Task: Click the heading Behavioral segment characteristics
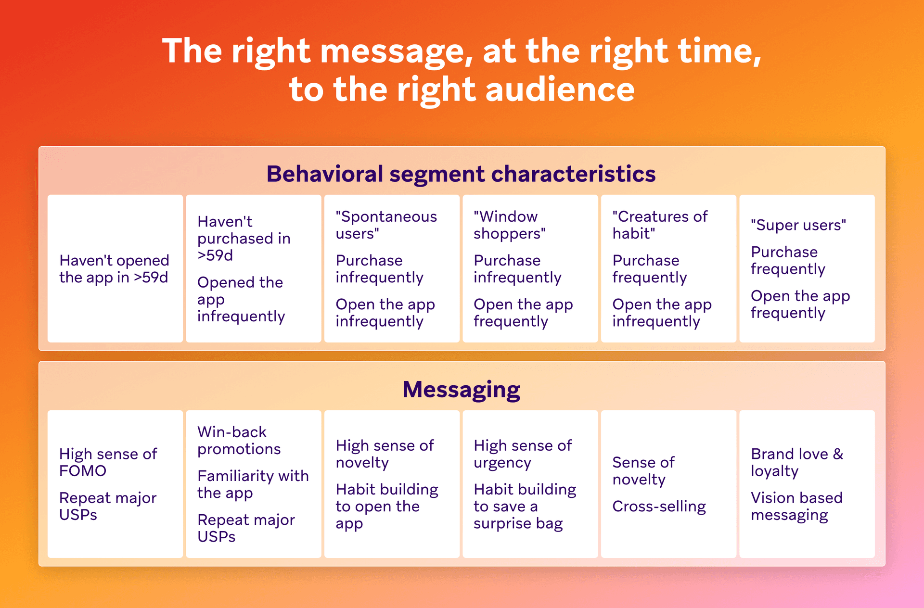coord(461,174)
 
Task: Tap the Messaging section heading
coord(461,389)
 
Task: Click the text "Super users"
coord(798,225)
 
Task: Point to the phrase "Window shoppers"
coord(509,225)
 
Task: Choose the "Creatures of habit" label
coord(659,225)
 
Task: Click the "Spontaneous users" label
coord(386,225)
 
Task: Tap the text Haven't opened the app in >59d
coord(114,269)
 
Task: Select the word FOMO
coord(83,471)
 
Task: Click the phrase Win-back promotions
coord(239,441)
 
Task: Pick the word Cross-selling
coord(659,507)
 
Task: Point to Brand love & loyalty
coord(797,462)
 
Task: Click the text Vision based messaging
coord(796,506)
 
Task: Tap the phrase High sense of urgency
coord(523,454)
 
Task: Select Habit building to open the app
coord(387,507)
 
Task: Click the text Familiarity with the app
coord(253,484)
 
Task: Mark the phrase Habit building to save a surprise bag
coord(525,507)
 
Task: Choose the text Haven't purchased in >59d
coord(244,239)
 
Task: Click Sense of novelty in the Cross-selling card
coord(643,471)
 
